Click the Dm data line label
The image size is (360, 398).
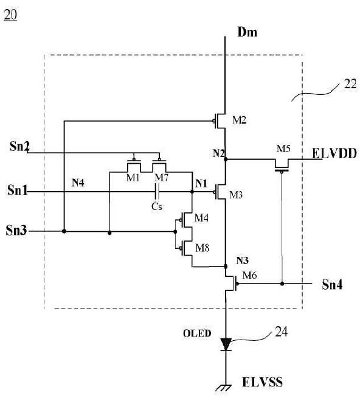pos(247,32)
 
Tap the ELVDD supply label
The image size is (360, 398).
pos(334,153)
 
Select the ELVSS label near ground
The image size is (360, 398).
pos(262,382)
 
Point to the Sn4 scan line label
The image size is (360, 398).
pos(332,284)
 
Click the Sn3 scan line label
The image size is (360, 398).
pos(16,230)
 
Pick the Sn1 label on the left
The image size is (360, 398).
pos(17,190)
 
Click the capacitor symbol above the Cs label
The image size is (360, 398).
pos(157,192)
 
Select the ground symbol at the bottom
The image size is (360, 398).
pos(224,388)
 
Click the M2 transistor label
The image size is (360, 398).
pos(239,120)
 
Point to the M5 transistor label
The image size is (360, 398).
pos(283,148)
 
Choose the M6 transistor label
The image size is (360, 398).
pos(250,275)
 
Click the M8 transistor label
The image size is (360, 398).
pos(202,248)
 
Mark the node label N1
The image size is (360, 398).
pos(201,183)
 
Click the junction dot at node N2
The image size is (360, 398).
pos(226,159)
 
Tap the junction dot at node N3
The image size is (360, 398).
pos(226,267)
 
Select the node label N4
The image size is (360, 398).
pos(78,182)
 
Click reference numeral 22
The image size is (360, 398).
pos(350,84)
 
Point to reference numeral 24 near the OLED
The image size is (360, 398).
pos(282,332)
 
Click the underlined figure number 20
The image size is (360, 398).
pos(10,15)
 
